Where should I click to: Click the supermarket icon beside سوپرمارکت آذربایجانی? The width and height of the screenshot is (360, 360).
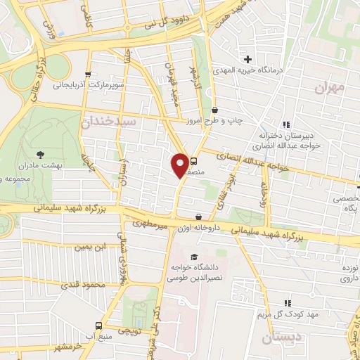coord(87,73)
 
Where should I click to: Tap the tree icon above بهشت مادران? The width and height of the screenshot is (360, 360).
coord(39,153)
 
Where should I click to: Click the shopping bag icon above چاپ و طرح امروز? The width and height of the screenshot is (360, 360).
coord(214,110)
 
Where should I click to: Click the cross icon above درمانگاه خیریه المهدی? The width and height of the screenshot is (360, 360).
coord(247,58)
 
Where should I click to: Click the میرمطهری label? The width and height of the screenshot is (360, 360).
coord(148,223)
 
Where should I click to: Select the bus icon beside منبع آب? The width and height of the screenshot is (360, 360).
coord(98,326)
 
